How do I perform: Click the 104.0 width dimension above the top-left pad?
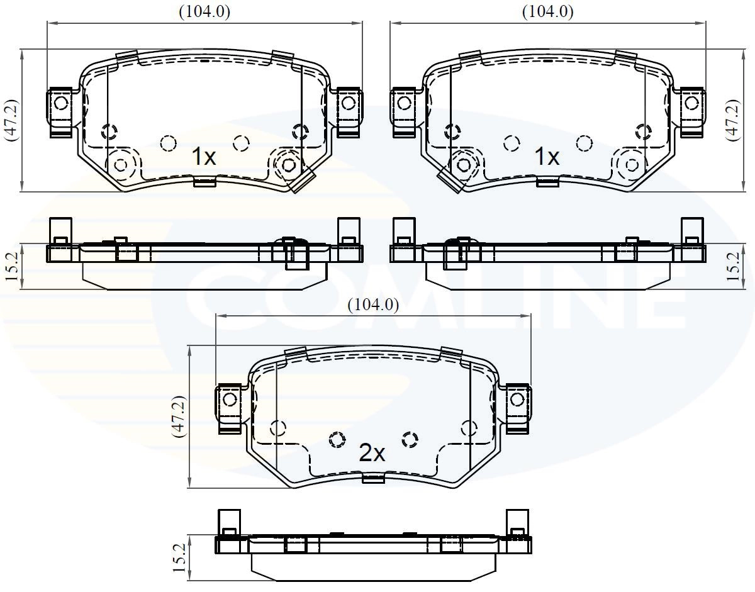(x=204, y=11)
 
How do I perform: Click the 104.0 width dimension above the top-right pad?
(x=547, y=11)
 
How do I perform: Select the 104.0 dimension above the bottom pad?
(x=374, y=305)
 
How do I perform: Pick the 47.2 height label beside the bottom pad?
(x=179, y=416)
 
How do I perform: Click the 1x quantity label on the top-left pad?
(x=203, y=157)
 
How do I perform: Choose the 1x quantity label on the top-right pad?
(x=546, y=157)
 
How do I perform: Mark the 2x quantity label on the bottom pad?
(x=371, y=453)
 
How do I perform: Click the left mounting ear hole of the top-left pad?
(x=61, y=102)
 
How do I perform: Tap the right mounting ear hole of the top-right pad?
(x=691, y=102)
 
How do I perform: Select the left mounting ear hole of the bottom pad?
(x=230, y=399)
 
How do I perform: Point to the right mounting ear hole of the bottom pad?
(x=517, y=399)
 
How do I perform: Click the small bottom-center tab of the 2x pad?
(x=374, y=479)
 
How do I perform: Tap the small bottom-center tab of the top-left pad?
(x=204, y=182)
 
